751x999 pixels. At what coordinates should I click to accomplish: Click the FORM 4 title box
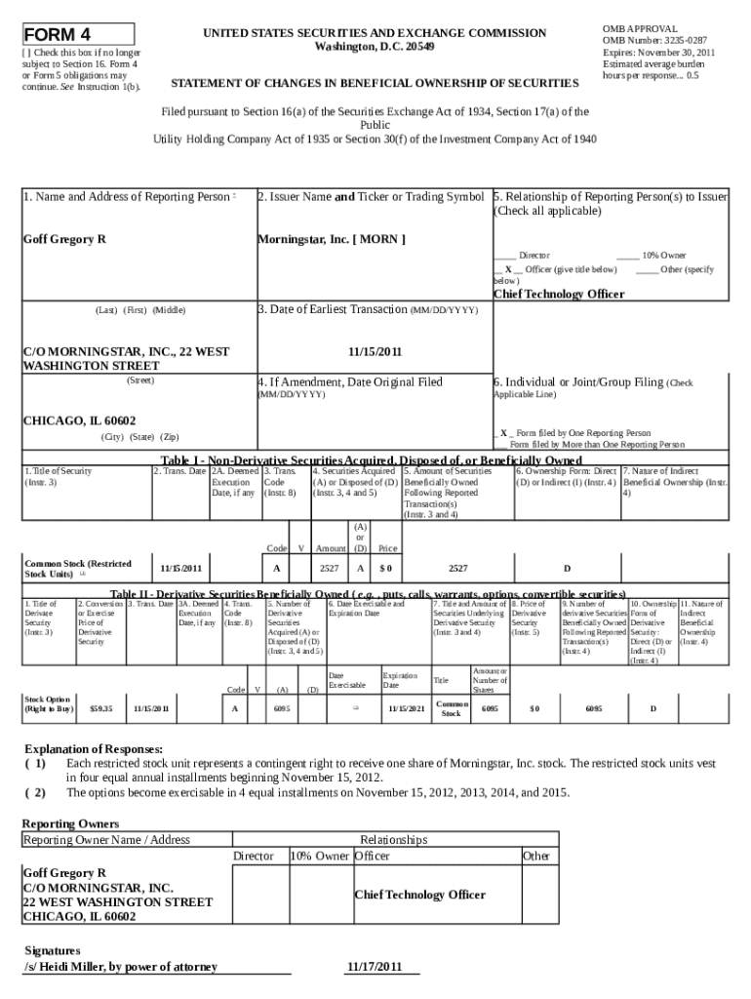pyautogui.click(x=79, y=36)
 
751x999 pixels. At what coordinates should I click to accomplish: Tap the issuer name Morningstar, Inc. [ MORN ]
pyautogui.click(x=332, y=239)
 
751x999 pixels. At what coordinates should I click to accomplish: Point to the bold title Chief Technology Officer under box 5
pyautogui.click(x=558, y=294)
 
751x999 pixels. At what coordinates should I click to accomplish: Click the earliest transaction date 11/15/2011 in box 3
pyautogui.click(x=375, y=351)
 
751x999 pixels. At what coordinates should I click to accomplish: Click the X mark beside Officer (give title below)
pyautogui.click(x=508, y=268)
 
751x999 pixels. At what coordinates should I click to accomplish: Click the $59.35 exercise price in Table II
pyautogui.click(x=100, y=708)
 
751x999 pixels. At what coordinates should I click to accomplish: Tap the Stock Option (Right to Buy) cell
pyautogui.click(x=48, y=703)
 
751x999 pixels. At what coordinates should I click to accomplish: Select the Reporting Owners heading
pyautogui.click(x=70, y=823)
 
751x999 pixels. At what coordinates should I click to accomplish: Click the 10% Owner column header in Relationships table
pyautogui.click(x=319, y=856)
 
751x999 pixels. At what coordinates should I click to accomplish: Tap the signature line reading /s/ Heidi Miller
pyautogui.click(x=120, y=967)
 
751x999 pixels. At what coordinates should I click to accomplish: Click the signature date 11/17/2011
pyautogui.click(x=375, y=967)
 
